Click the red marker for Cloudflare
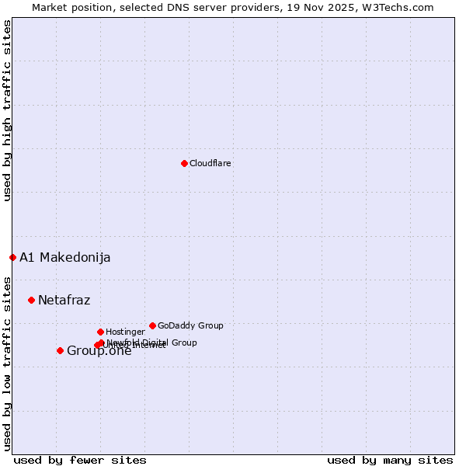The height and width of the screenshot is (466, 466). pyautogui.click(x=184, y=163)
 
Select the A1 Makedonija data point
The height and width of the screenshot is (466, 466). pyautogui.click(x=12, y=257)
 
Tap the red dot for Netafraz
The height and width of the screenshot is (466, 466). pyautogui.click(x=31, y=300)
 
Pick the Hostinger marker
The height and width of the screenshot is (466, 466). pyautogui.click(x=100, y=332)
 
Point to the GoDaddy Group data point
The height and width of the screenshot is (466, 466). pyautogui.click(x=152, y=325)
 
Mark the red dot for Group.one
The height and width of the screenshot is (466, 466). pyautogui.click(x=60, y=350)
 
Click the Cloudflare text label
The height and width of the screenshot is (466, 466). pyautogui.click(x=210, y=163)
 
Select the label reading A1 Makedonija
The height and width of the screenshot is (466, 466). pyautogui.click(x=64, y=257)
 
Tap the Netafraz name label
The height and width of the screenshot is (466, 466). pyautogui.click(x=64, y=300)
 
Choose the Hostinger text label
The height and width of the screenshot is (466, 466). pyautogui.click(x=125, y=332)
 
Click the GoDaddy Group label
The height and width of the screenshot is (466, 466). pyautogui.click(x=190, y=325)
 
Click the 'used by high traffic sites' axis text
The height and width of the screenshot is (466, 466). pyautogui.click(x=7, y=110)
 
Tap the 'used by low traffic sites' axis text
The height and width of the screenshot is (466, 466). pyautogui.click(x=7, y=363)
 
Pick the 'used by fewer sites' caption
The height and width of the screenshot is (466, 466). pyautogui.click(x=80, y=460)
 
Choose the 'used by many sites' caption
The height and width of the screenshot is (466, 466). pyautogui.click(x=390, y=460)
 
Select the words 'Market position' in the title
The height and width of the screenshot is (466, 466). pyautogui.click(x=70, y=7)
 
